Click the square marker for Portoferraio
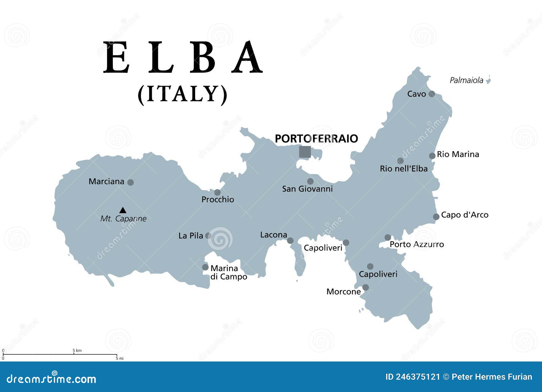tap(305, 152)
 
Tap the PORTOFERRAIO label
tap(316, 139)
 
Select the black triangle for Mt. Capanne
tap(123, 210)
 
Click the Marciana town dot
tap(130, 182)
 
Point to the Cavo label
tap(416, 94)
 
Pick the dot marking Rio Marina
tap(432, 156)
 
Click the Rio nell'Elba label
tap(403, 169)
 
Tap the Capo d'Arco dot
tap(436, 217)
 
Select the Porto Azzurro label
tap(417, 244)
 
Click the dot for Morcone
tap(366, 288)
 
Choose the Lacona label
tap(273, 235)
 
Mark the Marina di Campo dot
tap(205, 267)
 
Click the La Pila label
tap(191, 235)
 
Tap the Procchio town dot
tap(217, 192)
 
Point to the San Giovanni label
tap(307, 189)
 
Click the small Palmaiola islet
tap(488, 80)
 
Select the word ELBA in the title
tap(183, 58)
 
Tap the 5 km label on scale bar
tap(77, 351)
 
